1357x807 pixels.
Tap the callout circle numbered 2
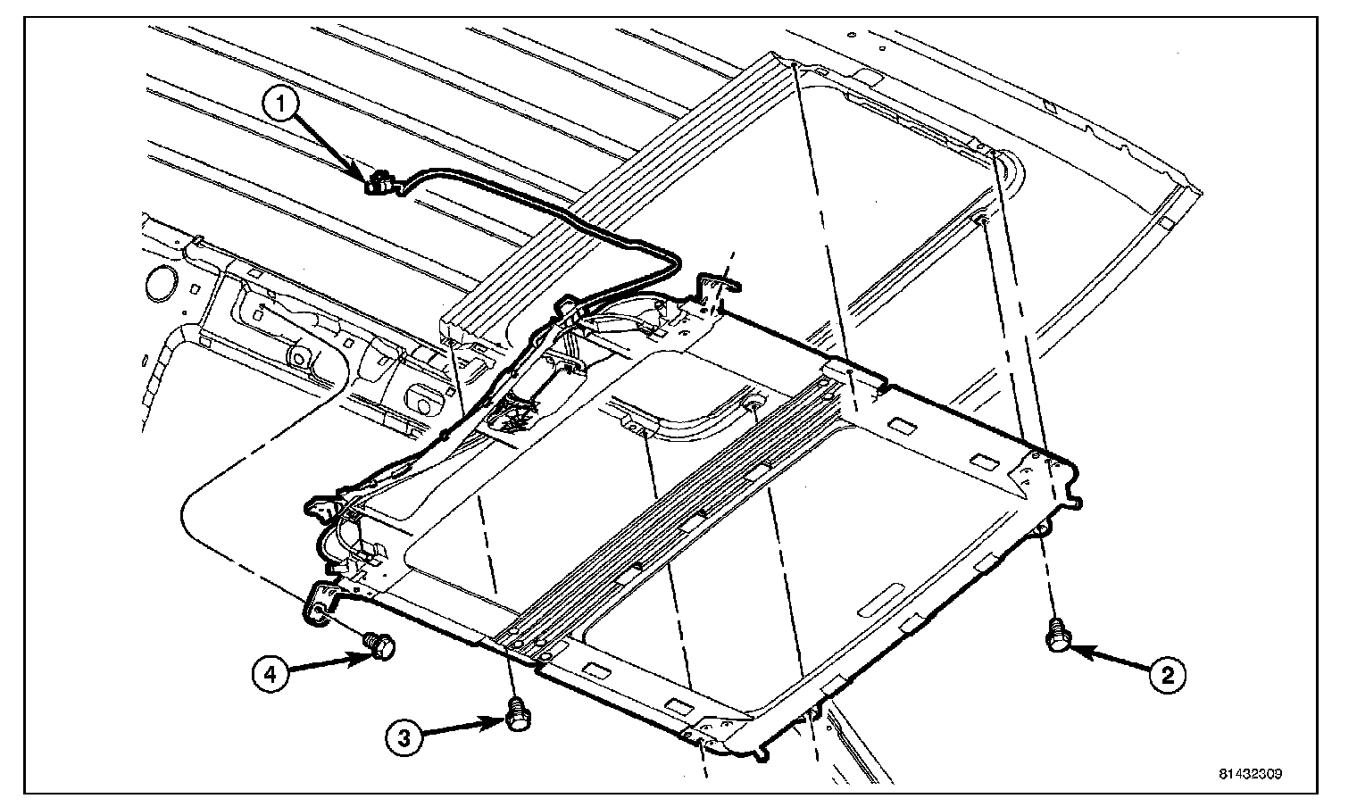[x=1166, y=674]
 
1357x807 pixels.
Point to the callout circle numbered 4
[x=272, y=671]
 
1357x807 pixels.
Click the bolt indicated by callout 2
[x=1057, y=636]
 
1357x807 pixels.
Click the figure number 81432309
[x=1254, y=774]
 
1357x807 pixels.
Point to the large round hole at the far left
[x=162, y=283]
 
